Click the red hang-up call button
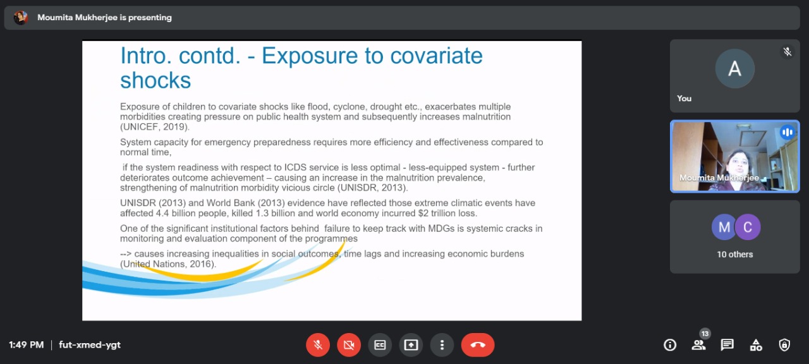pyautogui.click(x=477, y=345)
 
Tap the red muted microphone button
pyautogui.click(x=318, y=345)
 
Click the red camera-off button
pyautogui.click(x=349, y=345)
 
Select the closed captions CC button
pyautogui.click(x=380, y=345)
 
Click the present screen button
pyautogui.click(x=411, y=345)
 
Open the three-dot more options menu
pyautogui.click(x=442, y=345)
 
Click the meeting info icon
pyautogui.click(x=670, y=345)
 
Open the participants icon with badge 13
pyautogui.click(x=699, y=344)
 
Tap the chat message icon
pyautogui.click(x=727, y=345)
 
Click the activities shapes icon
pyautogui.click(x=756, y=345)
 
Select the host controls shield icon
pyautogui.click(x=784, y=345)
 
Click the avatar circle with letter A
pyautogui.click(x=734, y=69)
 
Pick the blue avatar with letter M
pyautogui.click(x=724, y=227)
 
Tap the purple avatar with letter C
pyautogui.click(x=748, y=227)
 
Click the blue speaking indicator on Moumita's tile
pyautogui.click(x=788, y=132)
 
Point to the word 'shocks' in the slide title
pyautogui.click(x=155, y=80)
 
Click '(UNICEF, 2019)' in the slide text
pyautogui.click(x=155, y=127)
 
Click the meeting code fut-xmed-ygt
pyautogui.click(x=90, y=345)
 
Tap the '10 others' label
pyautogui.click(x=734, y=254)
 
